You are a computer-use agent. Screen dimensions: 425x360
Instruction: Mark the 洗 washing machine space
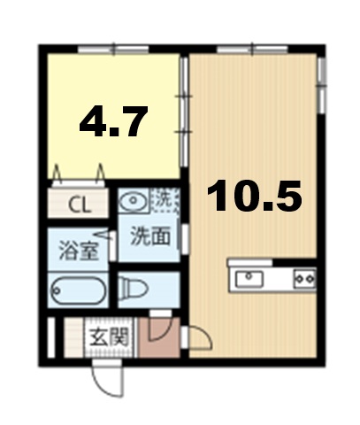(165, 200)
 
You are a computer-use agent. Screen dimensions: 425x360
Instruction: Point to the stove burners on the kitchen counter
(303, 279)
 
